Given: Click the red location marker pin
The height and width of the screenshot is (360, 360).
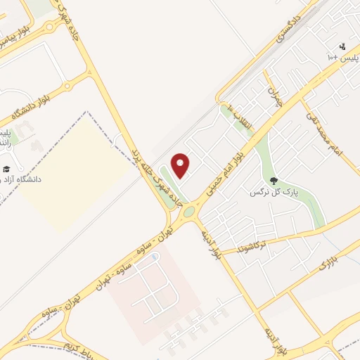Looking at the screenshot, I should [181, 165].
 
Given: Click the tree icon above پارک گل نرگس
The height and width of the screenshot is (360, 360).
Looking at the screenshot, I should [274, 180].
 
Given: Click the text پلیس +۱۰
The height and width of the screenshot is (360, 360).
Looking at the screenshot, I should [343, 57].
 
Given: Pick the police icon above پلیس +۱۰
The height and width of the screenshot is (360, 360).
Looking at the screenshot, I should [342, 46].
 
